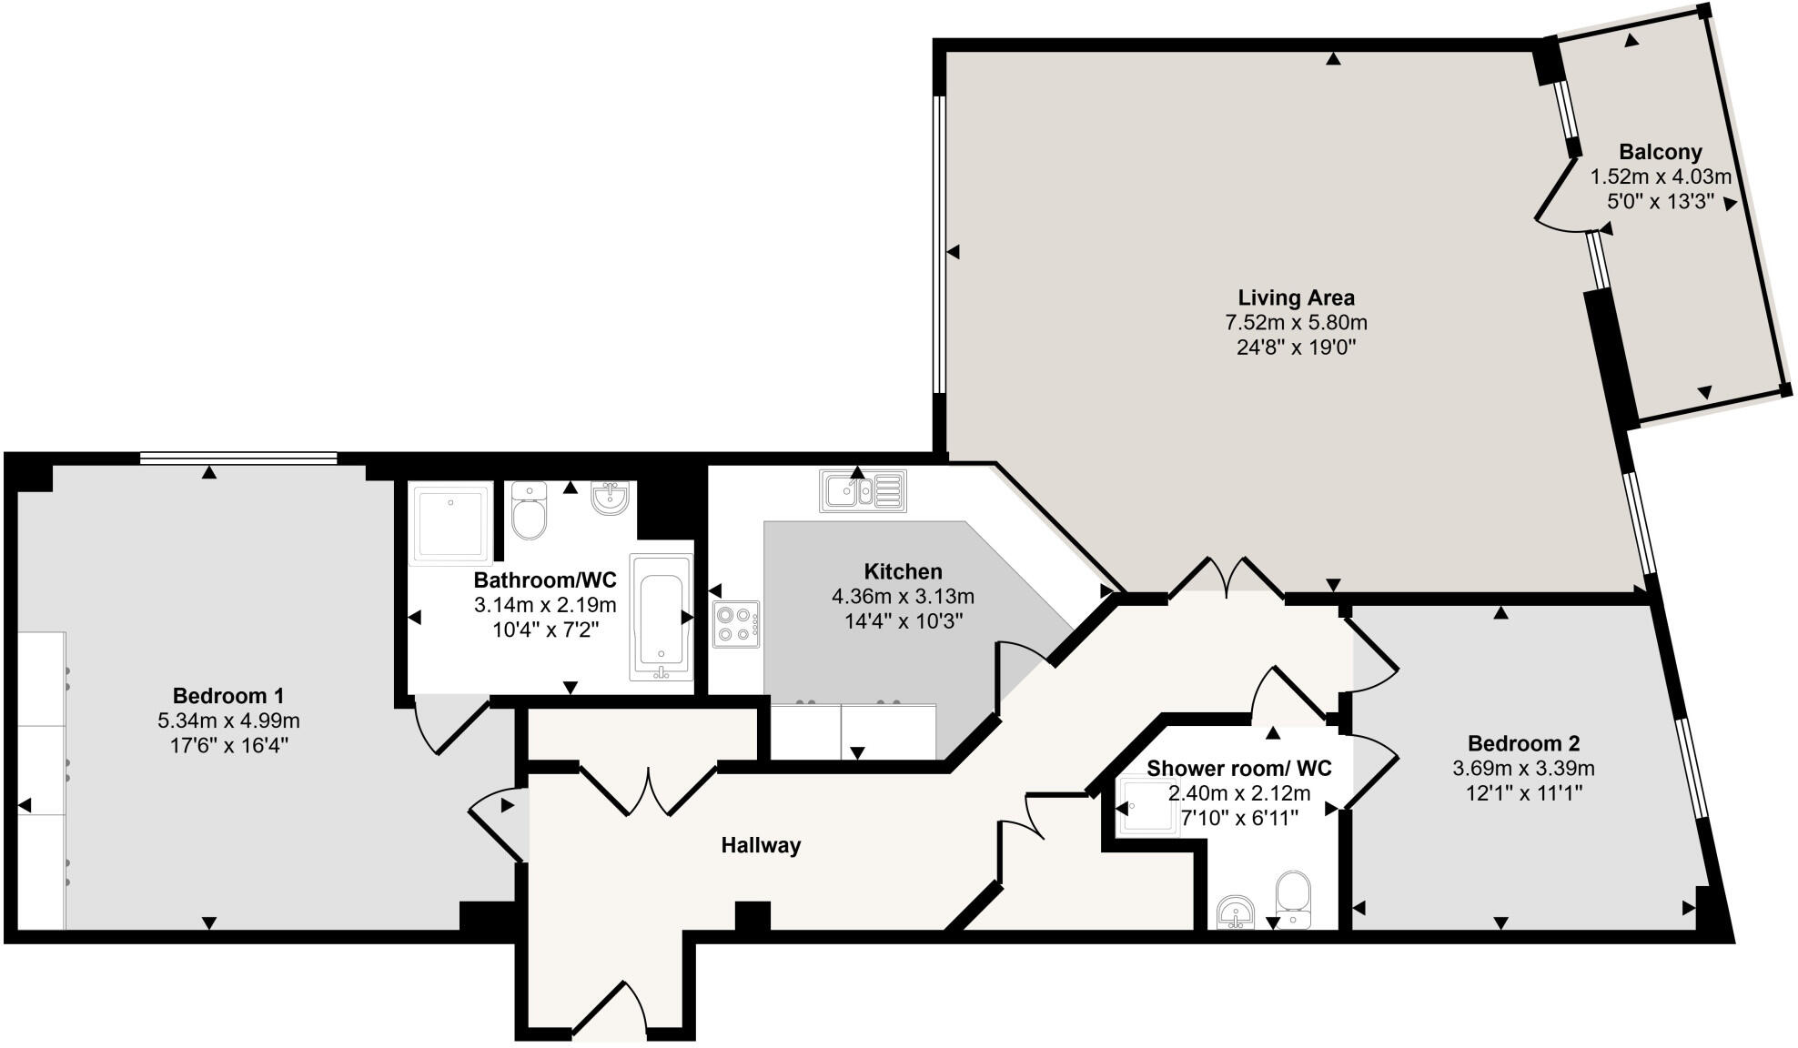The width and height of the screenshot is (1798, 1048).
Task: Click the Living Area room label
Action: pos(1296,297)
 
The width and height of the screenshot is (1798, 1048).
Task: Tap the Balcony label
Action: pos(1660,152)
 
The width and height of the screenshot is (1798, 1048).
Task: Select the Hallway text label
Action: pos(761,845)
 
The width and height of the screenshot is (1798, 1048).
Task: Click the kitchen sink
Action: pos(863,491)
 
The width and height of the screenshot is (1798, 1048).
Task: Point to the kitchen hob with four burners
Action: pos(736,624)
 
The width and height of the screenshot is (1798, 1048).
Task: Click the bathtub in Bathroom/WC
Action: pos(662,616)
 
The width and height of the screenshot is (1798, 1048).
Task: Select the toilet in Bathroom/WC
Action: pos(529,511)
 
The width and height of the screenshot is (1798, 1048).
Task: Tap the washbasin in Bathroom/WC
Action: pos(610,498)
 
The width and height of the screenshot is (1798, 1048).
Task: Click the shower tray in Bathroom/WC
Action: pos(451,523)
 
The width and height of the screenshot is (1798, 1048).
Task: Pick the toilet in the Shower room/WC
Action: pos(1293,898)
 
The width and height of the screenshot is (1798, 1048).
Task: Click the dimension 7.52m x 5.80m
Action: pos(1296,322)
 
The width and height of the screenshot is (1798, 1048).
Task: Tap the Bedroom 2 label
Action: pos(1523,742)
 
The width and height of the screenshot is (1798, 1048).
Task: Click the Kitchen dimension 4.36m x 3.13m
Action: pos(903,597)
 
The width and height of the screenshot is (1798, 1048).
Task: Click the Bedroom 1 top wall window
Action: pos(238,458)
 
